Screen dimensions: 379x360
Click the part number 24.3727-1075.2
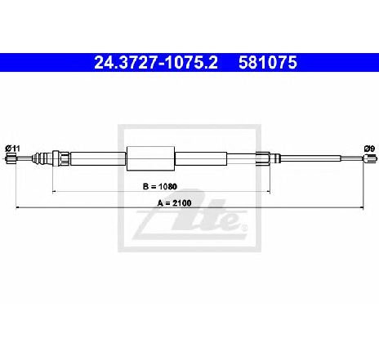(156, 63)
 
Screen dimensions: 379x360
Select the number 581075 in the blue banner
(268, 63)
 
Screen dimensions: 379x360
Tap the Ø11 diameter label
(13, 149)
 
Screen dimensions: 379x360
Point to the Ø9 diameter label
(370, 149)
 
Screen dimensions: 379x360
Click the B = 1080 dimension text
(160, 186)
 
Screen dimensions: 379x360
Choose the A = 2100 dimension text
(174, 203)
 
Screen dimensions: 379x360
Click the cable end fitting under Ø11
(11, 158)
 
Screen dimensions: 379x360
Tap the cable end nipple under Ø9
(370, 158)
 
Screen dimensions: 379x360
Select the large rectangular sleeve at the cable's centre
(150, 158)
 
